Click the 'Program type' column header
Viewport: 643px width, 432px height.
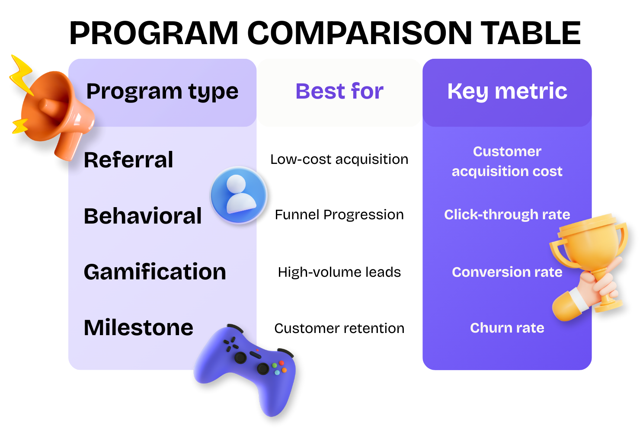click(x=162, y=92)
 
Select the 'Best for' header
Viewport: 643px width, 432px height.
click(x=339, y=91)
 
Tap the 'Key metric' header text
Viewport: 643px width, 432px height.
click(x=507, y=91)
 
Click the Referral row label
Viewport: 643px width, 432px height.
click(x=128, y=160)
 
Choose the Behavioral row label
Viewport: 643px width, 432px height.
click(x=143, y=216)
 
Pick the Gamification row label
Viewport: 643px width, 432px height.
click(x=155, y=272)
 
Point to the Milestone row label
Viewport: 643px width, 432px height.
click(x=138, y=328)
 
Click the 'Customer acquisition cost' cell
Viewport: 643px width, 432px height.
click(x=507, y=161)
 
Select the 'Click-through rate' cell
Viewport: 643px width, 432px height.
click(x=507, y=214)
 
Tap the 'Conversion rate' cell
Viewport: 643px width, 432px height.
click(x=507, y=272)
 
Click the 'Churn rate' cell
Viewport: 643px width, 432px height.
click(x=507, y=328)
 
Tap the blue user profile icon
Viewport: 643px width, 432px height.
click(x=238, y=195)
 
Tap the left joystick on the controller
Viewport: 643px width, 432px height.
click(x=240, y=358)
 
